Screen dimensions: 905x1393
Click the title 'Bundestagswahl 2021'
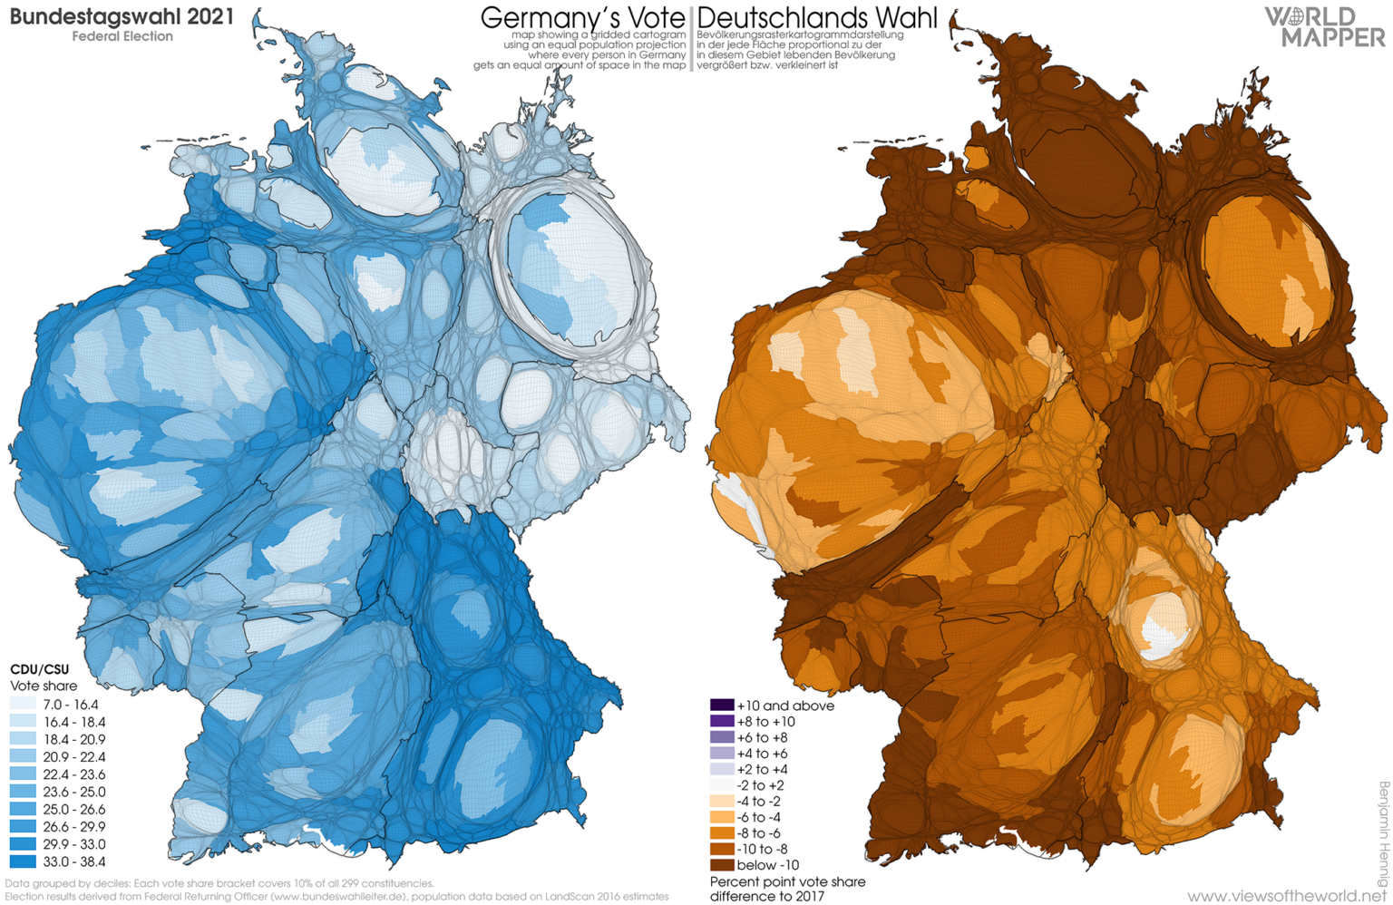(x=121, y=16)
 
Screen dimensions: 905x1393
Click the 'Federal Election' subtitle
(x=122, y=36)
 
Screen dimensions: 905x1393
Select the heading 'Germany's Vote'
(x=582, y=17)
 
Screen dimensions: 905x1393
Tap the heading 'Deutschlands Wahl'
(x=816, y=17)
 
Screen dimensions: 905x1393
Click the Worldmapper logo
(x=1325, y=26)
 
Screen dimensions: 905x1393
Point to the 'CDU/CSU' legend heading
(x=39, y=669)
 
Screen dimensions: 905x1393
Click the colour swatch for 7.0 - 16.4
(x=23, y=705)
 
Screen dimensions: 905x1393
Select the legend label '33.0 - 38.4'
(x=73, y=861)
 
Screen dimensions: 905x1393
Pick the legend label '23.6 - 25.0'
(x=73, y=792)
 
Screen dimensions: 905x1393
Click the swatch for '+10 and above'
(x=722, y=706)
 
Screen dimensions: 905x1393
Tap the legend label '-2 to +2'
(x=760, y=785)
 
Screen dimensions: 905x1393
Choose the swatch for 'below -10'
(x=722, y=865)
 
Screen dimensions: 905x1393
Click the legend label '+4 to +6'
(x=762, y=754)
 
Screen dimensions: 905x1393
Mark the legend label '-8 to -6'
(x=759, y=833)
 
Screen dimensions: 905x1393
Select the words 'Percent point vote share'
(x=787, y=881)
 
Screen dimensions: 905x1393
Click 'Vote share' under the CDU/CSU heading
(x=43, y=686)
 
